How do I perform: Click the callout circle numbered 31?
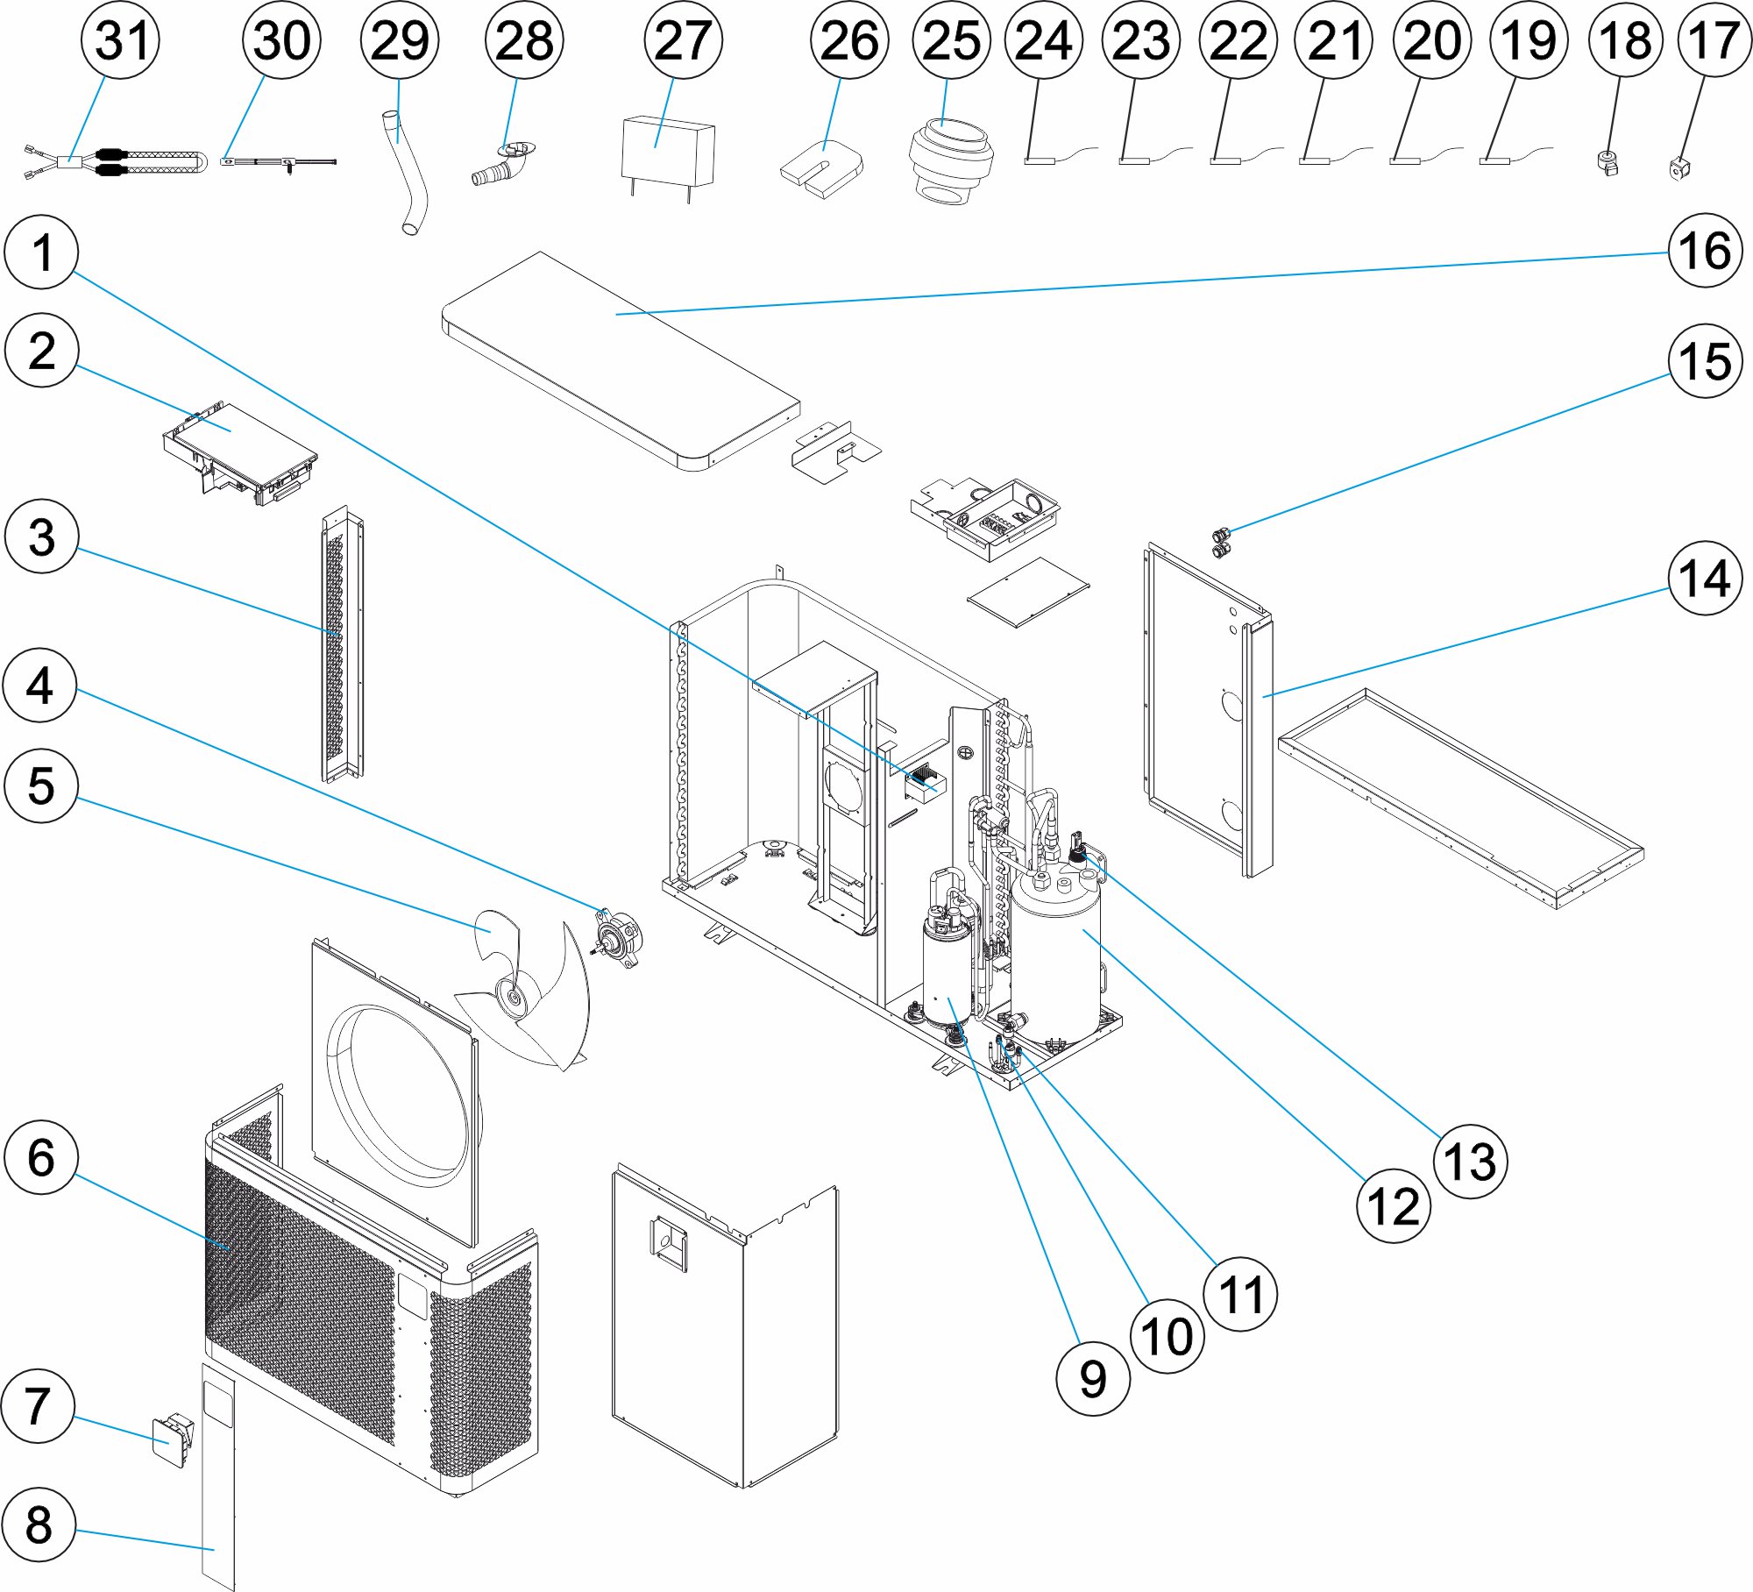click(x=120, y=40)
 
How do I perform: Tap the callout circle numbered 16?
click(x=1704, y=251)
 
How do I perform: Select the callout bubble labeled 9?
click(x=1092, y=1379)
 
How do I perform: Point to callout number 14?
click(x=1704, y=578)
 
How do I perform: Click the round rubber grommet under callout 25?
click(x=950, y=163)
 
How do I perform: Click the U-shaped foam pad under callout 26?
click(x=821, y=168)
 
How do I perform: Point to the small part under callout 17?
click(x=1679, y=167)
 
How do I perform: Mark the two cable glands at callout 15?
click(x=1220, y=543)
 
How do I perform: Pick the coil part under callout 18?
click(x=1608, y=163)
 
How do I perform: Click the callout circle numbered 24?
click(x=1043, y=40)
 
